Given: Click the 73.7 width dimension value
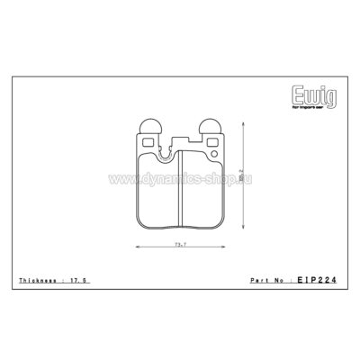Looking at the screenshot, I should pyautogui.click(x=180, y=243).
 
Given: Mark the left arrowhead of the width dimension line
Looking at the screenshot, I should pyautogui.click(x=137, y=247).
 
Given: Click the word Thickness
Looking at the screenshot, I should pyautogui.click(x=36, y=283).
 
